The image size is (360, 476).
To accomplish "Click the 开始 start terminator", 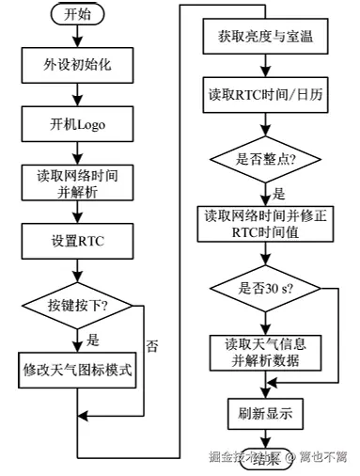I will [79, 15].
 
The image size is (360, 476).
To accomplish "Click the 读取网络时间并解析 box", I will [78, 181].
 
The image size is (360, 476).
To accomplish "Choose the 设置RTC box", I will [78, 241].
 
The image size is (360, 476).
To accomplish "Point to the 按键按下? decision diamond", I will [78, 306].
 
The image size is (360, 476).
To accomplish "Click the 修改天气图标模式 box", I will [78, 370].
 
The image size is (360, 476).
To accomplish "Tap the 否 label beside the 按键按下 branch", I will [151, 345].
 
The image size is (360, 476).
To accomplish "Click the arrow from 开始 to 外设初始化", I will [78, 37].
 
